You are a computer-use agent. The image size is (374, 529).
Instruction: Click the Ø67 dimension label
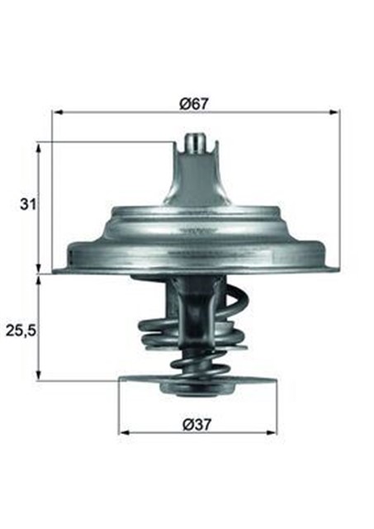click(194, 104)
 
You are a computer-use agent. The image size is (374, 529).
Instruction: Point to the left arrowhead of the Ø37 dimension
click(124, 432)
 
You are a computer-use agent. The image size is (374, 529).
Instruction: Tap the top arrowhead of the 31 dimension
click(39, 147)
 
